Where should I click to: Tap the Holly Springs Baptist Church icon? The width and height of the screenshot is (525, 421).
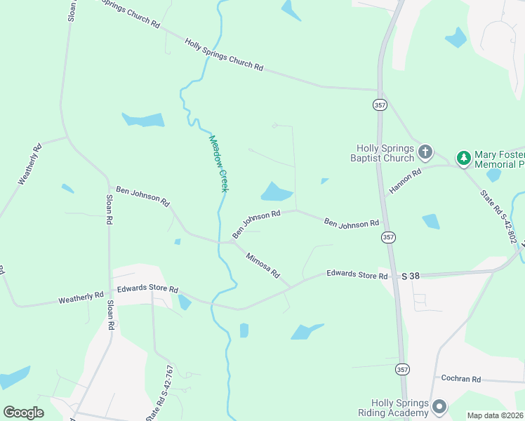(425, 152)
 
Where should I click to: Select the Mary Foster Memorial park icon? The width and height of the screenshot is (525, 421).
(463, 158)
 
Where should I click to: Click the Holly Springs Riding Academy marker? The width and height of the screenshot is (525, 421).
(440, 406)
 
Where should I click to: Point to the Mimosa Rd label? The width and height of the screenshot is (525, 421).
(263, 265)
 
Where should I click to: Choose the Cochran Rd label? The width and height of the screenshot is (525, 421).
(460, 379)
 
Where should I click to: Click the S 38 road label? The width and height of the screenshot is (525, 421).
(411, 276)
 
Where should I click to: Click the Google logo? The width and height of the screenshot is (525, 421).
(23, 413)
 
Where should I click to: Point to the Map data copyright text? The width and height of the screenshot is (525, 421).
(495, 415)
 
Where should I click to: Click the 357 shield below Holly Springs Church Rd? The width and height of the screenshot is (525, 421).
(380, 105)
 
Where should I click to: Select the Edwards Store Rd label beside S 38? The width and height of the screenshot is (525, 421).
(357, 276)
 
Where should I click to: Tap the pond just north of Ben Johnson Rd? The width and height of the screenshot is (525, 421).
(277, 191)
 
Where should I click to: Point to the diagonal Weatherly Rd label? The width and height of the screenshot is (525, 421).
(31, 164)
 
